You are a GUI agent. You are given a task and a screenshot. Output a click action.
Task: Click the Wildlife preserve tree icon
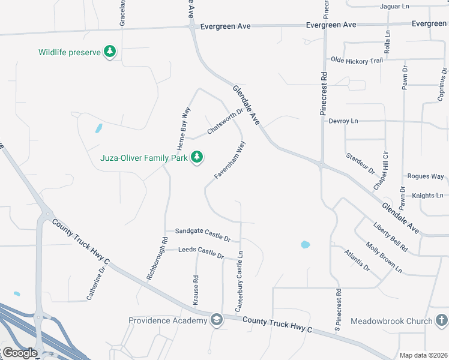[109, 52]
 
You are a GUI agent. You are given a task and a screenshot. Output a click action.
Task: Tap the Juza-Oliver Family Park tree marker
[196, 158]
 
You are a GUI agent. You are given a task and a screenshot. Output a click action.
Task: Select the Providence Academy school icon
[216, 320]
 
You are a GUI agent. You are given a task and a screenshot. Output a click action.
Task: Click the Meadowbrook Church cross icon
[441, 321]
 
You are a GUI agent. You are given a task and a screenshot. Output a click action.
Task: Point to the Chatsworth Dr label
[225, 121]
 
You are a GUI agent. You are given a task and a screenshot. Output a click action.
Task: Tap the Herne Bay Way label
[183, 128]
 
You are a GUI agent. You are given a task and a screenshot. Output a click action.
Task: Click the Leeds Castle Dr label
[200, 252]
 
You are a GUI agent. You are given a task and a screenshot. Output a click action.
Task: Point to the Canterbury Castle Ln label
[239, 281]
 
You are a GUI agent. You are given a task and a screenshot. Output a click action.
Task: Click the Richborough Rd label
[156, 258]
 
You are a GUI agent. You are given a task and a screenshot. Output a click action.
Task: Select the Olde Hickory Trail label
[357, 61]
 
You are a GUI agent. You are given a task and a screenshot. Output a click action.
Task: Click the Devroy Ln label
[343, 121]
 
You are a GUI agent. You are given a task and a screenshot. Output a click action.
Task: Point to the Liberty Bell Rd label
[390, 238]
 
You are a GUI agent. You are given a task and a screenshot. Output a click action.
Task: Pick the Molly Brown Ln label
[384, 257]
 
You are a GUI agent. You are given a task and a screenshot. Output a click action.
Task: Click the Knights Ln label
[427, 196]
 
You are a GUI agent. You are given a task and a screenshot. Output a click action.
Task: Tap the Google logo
[20, 353]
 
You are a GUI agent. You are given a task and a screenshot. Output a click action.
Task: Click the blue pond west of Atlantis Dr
[305, 244]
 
